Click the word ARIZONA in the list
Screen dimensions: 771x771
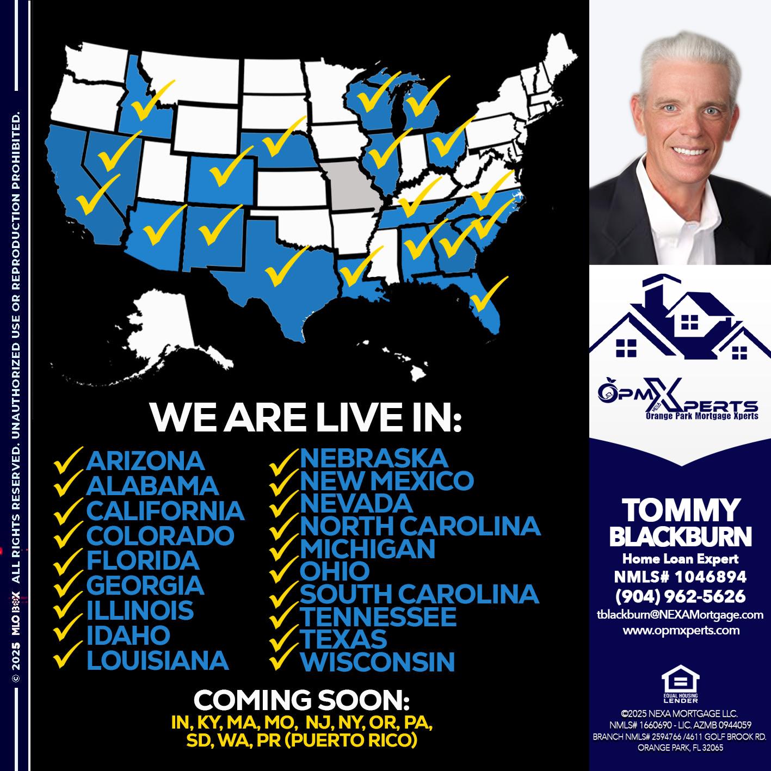pyautogui.click(x=145, y=461)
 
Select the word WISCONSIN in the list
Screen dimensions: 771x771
pyautogui.click(x=377, y=662)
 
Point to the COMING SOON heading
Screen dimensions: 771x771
pyautogui.click(x=302, y=700)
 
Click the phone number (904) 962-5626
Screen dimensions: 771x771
pyautogui.click(x=680, y=596)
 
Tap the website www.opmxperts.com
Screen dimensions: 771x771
pyautogui.click(x=681, y=631)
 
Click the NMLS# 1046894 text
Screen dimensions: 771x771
pyautogui.click(x=680, y=577)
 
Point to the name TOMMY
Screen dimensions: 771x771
pyautogui.click(x=680, y=510)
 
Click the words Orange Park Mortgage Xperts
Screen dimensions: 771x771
pyautogui.click(x=701, y=416)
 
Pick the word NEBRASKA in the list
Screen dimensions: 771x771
pyautogui.click(x=374, y=458)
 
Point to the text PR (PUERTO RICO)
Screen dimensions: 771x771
pyautogui.click(x=357, y=741)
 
